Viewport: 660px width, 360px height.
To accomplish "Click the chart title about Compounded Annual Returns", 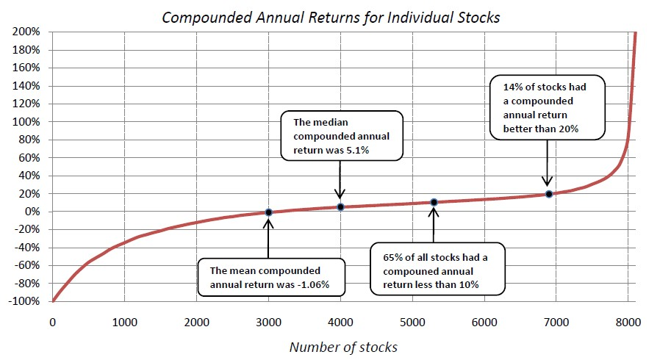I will click(330, 17).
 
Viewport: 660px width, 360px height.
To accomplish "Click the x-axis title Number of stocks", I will click(343, 346).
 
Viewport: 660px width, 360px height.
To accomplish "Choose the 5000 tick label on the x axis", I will click(411, 323).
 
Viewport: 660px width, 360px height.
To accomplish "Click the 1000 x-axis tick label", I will click(123, 323).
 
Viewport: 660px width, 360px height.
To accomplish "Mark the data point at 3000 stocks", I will click(268, 212).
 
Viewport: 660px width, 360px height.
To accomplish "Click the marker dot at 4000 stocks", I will click(340, 207).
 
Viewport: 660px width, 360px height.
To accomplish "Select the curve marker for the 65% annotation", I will click(434, 202).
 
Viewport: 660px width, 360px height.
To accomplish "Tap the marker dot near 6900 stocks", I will click(548, 194).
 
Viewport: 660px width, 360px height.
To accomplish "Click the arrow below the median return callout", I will click(340, 180).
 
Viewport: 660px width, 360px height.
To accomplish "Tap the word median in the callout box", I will click(332, 123).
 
